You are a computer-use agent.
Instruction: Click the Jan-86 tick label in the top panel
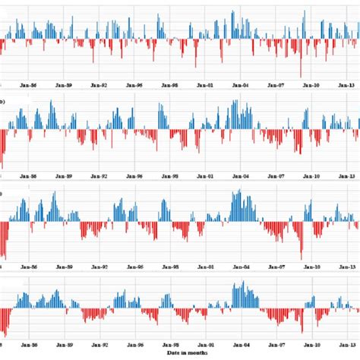(28, 86)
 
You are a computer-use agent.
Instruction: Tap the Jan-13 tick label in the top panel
(347, 86)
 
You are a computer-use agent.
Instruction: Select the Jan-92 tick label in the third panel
(99, 267)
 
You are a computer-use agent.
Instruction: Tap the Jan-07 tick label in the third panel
(276, 267)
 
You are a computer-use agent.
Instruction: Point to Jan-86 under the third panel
(28, 267)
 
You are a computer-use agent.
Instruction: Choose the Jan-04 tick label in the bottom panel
(241, 348)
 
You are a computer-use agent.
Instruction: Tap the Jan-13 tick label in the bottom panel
(347, 348)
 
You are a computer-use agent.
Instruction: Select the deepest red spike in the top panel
(300, 75)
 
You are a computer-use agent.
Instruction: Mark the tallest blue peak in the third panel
(236, 191)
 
